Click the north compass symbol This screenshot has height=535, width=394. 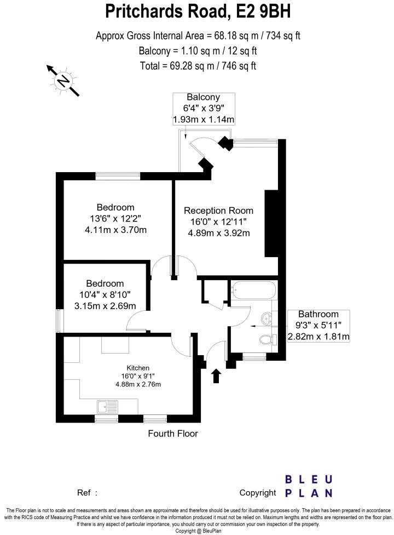[x=63, y=81]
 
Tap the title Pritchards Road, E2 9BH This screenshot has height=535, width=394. [x=198, y=12]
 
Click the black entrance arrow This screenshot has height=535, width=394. [x=216, y=375]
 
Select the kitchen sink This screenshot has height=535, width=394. [x=107, y=407]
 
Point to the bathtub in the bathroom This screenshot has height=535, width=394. [x=252, y=290]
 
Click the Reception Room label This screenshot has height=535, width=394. [x=218, y=210]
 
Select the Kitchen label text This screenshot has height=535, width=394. [x=138, y=367]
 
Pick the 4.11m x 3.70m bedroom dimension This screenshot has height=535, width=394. [x=115, y=230]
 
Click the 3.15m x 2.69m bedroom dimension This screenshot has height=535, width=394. [x=105, y=305]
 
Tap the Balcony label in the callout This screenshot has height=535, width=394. [x=204, y=98]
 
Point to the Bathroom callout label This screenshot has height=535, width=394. [x=318, y=314]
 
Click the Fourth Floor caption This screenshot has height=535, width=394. [x=173, y=434]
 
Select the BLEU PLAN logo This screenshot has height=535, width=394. [x=309, y=486]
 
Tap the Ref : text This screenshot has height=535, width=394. [x=88, y=493]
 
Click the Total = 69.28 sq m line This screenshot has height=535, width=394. [x=198, y=66]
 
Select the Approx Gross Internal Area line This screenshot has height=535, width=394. [x=198, y=36]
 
